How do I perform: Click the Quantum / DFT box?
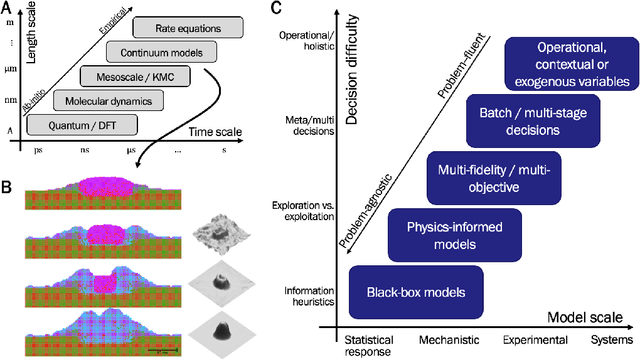tap(74, 124)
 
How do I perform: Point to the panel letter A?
tap(7, 8)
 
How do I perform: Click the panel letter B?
tap(7, 186)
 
